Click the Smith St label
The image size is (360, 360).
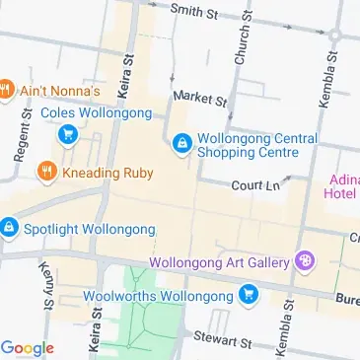coord(194,12)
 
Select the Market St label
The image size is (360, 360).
coord(200,99)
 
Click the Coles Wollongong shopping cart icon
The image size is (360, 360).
coord(67,137)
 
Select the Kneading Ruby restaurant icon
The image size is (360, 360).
coord(45,174)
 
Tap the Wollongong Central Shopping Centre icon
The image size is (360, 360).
coord(181,145)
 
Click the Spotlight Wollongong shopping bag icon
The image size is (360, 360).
coord(8,229)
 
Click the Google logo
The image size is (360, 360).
coord(28,347)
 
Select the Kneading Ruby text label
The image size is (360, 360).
coord(108,174)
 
